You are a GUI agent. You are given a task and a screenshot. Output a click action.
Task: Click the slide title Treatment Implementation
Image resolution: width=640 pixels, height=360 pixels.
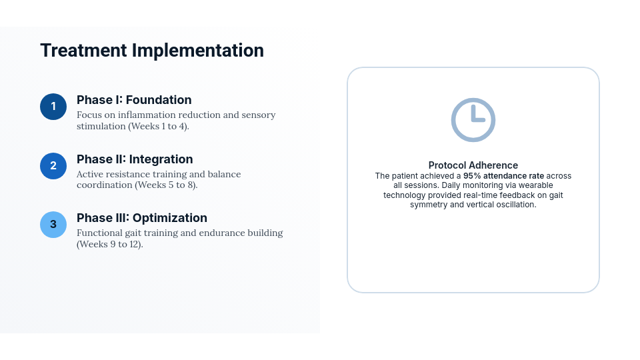point(152,51)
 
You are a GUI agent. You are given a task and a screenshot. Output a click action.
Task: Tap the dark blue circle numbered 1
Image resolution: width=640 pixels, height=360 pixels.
point(53,107)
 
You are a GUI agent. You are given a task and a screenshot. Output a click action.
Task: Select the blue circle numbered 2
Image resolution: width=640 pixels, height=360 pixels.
point(53,166)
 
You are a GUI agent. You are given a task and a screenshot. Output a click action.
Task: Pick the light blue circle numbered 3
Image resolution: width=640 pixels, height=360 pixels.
point(53,225)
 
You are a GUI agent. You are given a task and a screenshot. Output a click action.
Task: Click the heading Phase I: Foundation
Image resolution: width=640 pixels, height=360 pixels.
point(134,100)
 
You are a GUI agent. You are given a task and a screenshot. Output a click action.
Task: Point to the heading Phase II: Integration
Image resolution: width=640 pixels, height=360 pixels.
point(135,159)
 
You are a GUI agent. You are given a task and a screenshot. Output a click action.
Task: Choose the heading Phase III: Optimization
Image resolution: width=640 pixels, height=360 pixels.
point(142,218)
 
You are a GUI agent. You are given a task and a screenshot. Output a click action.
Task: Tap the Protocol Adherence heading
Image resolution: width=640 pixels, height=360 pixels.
point(473,165)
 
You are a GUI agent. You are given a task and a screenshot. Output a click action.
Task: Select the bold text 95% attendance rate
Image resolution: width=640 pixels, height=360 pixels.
point(504,176)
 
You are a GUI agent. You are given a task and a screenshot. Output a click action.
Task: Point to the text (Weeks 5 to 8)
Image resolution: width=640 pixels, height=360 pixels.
point(167,185)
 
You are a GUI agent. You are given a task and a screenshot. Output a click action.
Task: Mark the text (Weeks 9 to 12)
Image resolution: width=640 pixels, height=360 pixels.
point(110,245)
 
